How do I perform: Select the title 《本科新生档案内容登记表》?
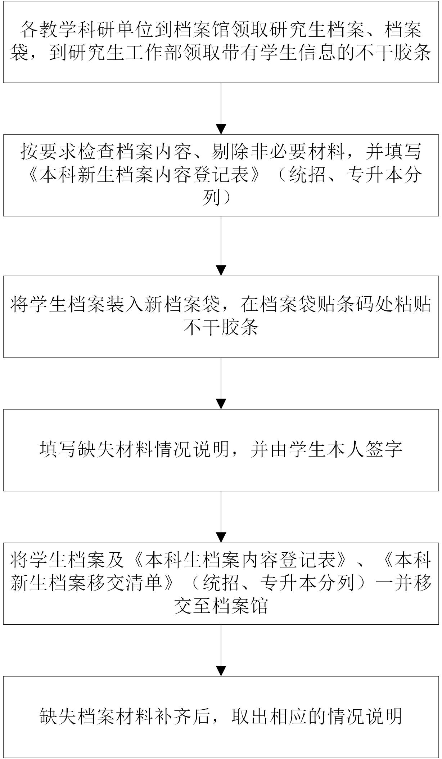(144, 175)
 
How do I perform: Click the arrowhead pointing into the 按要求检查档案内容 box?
(221, 129)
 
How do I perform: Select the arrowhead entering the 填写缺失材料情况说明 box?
(221, 404)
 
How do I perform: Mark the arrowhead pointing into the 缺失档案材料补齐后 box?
(221, 671)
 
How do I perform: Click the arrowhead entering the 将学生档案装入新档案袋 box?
(221, 270)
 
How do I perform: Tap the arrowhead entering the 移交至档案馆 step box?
(221, 537)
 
